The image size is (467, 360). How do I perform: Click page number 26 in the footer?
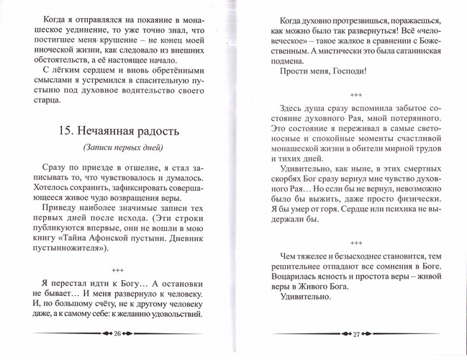click(117, 334)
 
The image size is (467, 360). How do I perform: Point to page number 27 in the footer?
click(345, 333)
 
